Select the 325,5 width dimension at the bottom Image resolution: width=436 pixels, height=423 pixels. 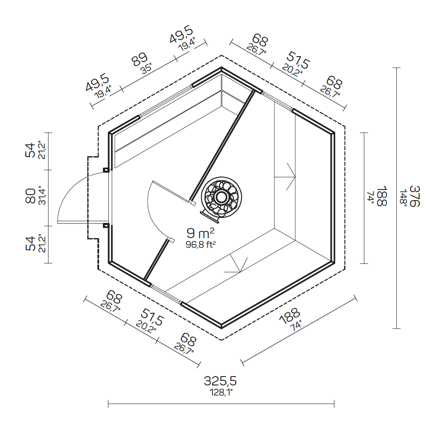[220, 381]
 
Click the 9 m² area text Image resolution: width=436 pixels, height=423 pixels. [201, 233]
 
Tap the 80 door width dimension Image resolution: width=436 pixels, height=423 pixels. [31, 196]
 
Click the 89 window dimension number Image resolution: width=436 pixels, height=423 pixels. [140, 60]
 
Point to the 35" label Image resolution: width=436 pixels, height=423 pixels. [146, 68]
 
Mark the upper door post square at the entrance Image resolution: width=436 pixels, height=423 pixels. [106, 170]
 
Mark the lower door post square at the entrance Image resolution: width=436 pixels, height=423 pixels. [106, 225]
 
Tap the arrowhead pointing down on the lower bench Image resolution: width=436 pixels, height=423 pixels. [240, 268]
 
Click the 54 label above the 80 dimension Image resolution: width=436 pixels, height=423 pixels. [30, 150]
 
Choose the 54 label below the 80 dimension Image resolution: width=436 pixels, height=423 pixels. [30, 244]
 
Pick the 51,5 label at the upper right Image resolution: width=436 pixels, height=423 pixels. [299, 60]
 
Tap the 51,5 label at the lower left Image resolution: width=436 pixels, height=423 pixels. [151, 317]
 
